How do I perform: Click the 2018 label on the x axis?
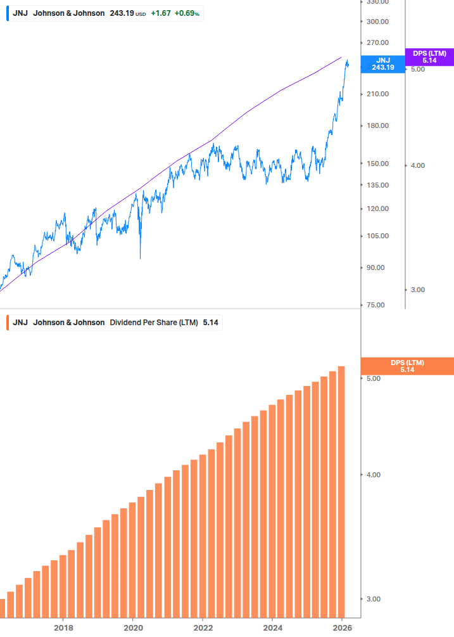[63, 627]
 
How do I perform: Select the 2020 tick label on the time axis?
[133, 627]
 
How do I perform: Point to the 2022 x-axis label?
[203, 627]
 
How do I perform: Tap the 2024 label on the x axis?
[272, 627]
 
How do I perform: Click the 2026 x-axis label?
[341, 627]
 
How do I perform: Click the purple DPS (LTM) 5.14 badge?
[429, 56]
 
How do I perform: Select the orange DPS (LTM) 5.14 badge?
[407, 366]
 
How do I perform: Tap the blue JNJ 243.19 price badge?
[382, 63]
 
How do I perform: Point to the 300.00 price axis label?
[377, 22]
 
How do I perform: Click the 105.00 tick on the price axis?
[377, 236]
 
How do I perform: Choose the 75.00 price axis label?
[377, 305]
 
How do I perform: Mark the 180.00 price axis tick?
[377, 125]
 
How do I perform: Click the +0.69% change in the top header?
[187, 13]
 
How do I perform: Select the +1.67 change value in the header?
[160, 13]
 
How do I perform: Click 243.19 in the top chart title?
[122, 13]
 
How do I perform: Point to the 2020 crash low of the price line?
[140, 258]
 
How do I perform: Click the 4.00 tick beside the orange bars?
[373, 475]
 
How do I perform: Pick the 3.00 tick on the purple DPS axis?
[417, 290]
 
